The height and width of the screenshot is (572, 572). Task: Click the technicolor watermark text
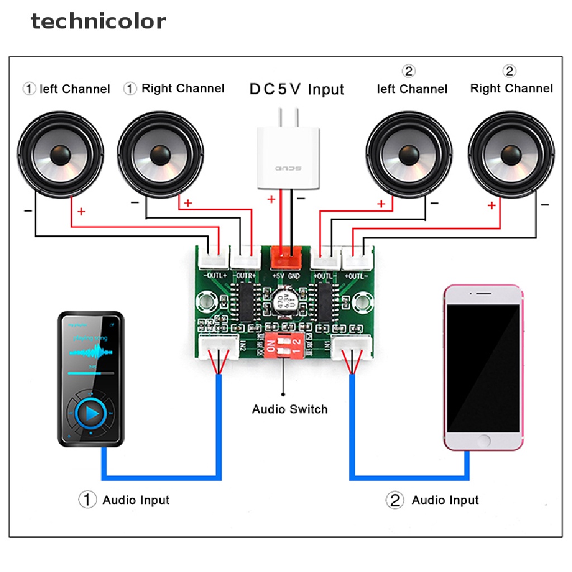(x=98, y=21)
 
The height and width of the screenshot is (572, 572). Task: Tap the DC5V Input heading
(x=297, y=89)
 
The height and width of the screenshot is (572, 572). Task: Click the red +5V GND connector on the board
(x=286, y=258)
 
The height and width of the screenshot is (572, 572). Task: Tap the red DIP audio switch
(x=284, y=347)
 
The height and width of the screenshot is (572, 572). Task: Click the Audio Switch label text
(x=289, y=409)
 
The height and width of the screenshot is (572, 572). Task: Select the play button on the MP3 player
(x=91, y=413)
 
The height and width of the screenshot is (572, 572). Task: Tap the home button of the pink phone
(x=484, y=440)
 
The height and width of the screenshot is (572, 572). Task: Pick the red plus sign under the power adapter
(x=271, y=198)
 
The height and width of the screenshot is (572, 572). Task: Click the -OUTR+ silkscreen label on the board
(x=245, y=275)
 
